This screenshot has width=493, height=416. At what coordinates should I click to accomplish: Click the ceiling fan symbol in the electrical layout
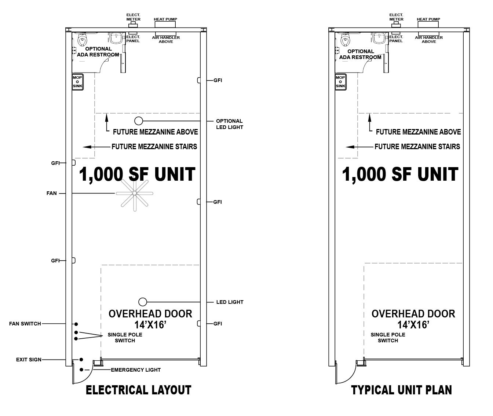(135, 193)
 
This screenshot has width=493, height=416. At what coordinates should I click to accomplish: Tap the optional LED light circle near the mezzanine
(139, 121)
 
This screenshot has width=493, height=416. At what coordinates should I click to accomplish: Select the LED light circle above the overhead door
(142, 302)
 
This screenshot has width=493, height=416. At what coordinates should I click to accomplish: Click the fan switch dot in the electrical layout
(76, 324)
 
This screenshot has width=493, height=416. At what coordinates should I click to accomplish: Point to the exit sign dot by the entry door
(81, 359)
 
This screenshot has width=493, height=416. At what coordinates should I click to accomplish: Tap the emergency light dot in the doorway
(81, 369)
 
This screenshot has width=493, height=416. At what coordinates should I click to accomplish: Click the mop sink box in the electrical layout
(77, 82)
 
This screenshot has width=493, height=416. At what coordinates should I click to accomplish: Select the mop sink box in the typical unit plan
(340, 82)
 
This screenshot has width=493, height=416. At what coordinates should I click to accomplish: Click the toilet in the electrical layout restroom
(82, 40)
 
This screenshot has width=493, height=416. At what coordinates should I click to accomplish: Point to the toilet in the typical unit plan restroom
(345, 40)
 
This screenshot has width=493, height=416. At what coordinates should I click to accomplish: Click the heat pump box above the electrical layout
(165, 24)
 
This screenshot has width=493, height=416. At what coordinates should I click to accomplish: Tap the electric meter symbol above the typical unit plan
(396, 25)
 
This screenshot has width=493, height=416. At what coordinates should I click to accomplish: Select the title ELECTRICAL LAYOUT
(138, 390)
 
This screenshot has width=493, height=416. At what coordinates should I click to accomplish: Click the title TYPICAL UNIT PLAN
(401, 390)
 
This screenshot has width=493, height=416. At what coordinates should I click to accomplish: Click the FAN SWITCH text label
(25, 324)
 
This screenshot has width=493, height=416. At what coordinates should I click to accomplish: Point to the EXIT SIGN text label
(29, 360)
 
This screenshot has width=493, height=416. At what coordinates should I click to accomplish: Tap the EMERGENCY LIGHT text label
(136, 370)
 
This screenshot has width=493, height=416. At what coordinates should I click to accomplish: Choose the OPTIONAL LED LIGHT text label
(230, 124)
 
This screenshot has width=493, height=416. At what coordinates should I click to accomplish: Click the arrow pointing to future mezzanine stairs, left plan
(96, 147)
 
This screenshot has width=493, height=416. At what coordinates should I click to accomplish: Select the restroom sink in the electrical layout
(116, 38)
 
